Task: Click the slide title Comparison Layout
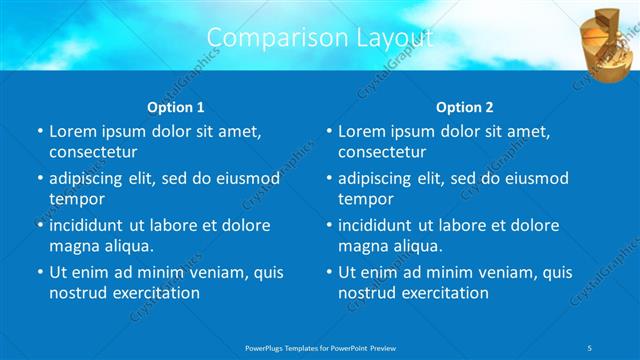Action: coord(319,38)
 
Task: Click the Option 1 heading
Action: coord(176,107)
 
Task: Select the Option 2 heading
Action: coord(465,107)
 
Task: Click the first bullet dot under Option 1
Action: coord(40,132)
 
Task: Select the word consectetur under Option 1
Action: coord(93,152)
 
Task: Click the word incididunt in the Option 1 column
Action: coord(90,225)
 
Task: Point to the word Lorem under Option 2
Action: coord(361,132)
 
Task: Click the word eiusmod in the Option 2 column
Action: coord(535,179)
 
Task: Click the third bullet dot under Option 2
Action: coord(329,226)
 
